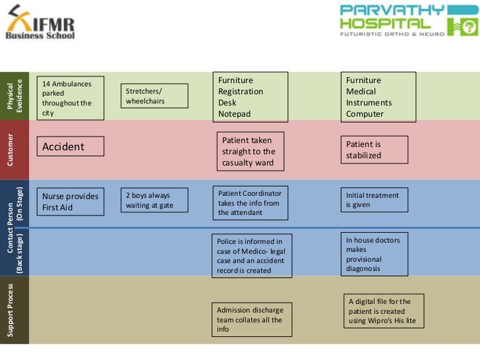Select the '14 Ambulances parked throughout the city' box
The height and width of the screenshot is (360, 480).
point(71,98)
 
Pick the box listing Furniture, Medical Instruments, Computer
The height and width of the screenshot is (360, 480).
point(378,97)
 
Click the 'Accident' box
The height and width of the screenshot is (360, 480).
point(71,146)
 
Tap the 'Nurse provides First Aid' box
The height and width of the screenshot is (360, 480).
point(71,202)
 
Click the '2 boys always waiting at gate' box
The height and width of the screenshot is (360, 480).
point(155,200)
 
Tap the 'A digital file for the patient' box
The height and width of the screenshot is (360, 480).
point(384,311)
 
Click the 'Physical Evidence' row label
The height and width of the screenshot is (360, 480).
point(14,96)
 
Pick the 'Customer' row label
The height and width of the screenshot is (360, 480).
point(14,150)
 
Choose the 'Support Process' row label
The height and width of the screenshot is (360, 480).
point(14,310)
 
